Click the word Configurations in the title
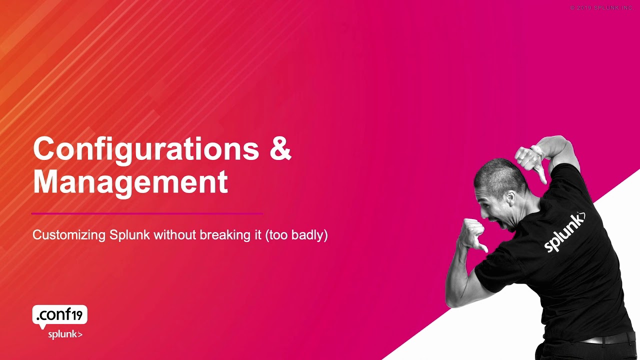pos(146,150)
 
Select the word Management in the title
pos(130,183)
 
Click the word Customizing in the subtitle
pos(69,235)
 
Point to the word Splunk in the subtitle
pos(129,235)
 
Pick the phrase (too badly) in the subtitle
pos(296,235)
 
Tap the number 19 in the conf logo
pos(77,315)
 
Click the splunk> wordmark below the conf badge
pos(65,334)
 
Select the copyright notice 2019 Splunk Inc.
pos(602,8)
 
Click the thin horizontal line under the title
pos(147,213)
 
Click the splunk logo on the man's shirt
pos(564,232)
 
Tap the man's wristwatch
pos(536,150)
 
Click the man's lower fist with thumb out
pos(473,234)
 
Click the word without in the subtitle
pos(175,235)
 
